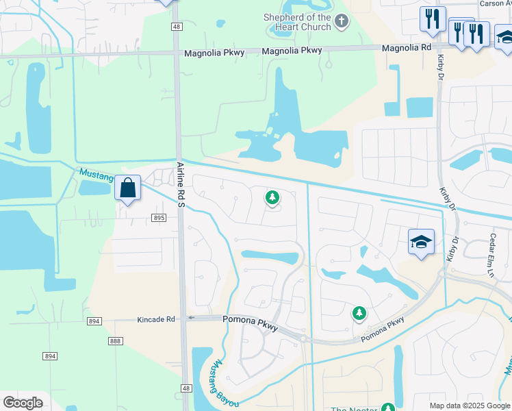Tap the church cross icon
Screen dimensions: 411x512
pos(342,23)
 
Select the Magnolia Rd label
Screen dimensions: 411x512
pos(407,47)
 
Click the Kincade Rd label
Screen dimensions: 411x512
pos(156,319)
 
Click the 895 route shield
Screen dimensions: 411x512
pos(158,218)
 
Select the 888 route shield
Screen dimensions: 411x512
pos(115,341)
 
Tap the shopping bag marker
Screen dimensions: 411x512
pos(128,188)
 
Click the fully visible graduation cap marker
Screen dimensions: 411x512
pos(422,242)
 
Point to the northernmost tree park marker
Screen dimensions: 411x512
pos(272,198)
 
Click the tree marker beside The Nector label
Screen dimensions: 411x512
pos(389,409)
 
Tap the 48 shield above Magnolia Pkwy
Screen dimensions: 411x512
pos(177,26)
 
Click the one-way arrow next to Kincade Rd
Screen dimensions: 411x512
pos(192,318)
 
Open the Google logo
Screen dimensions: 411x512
pos(23,403)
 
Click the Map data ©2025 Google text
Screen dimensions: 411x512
pos(468,406)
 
